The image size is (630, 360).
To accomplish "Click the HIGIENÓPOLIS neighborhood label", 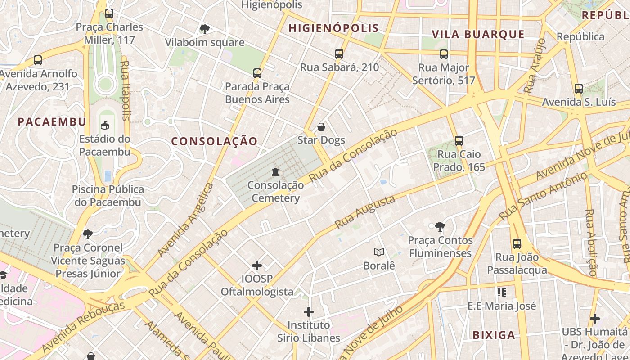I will pos(333,28).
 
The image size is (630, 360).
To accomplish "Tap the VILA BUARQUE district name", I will pos(478,34).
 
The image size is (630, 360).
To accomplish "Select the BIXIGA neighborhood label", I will pos(494,335).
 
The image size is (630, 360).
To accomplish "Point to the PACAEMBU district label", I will pos(52,121).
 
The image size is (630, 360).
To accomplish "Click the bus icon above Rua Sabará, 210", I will pos(339,54).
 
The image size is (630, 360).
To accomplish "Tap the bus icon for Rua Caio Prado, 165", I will pos(459,141).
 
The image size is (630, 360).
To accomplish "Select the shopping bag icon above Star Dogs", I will pos(321,127).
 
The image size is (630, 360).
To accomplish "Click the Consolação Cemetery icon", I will pos(275,172).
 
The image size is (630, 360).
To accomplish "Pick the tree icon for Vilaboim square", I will pos(204,30).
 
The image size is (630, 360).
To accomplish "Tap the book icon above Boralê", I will pos(379,252).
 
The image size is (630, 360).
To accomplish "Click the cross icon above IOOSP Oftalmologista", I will pos(256,265).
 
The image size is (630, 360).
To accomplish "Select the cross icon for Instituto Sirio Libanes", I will pos(309,311).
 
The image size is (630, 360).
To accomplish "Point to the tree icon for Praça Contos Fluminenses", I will pos(440,227).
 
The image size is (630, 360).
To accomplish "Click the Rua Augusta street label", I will pos(365,212).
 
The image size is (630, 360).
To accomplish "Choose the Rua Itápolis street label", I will pos(126,90).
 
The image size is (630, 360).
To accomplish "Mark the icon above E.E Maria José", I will pos(502,293).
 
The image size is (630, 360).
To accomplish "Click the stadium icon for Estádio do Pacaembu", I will pos(105,126).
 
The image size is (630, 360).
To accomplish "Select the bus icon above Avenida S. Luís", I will pos(579,89).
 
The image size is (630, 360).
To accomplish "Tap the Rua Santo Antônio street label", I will pos(544,197).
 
